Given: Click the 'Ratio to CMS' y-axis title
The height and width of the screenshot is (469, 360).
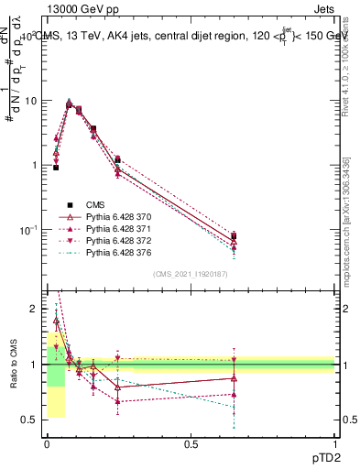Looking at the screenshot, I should (14, 364).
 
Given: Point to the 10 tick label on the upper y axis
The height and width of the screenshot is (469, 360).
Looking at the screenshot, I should (30, 101).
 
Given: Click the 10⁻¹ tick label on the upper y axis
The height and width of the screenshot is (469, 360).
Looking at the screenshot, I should (27, 229).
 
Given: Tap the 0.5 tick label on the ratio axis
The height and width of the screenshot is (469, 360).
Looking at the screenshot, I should (32, 420).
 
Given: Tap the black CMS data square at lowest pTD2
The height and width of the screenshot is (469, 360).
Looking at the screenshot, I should (56, 168).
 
